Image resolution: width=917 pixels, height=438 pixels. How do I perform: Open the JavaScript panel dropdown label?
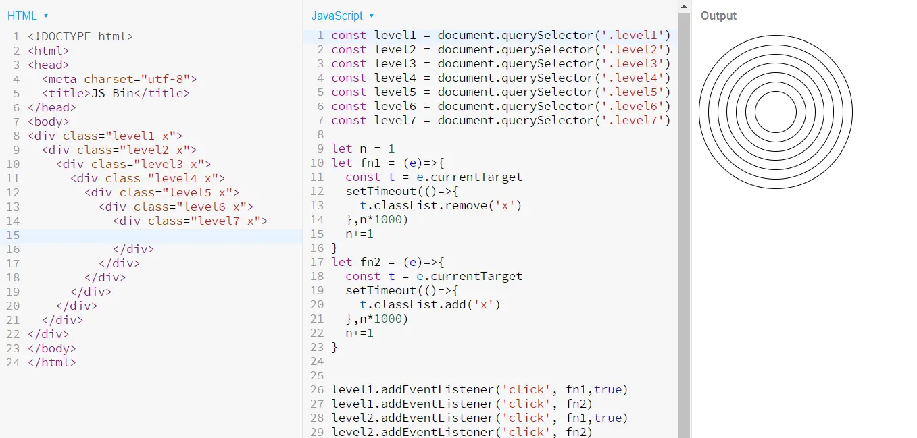point(337,16)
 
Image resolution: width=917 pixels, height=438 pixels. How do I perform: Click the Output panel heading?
point(718,16)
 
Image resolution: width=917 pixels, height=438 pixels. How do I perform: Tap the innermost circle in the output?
point(776,112)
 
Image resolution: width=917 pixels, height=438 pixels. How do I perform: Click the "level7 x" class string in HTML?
point(228,221)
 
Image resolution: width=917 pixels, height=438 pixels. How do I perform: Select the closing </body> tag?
point(52,348)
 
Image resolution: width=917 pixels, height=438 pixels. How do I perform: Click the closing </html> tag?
point(52,362)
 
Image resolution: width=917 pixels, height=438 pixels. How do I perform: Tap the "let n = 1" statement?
point(363,148)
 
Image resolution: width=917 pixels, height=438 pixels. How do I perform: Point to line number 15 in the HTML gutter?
point(13,235)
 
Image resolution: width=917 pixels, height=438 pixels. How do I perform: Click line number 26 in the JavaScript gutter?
point(317,389)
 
